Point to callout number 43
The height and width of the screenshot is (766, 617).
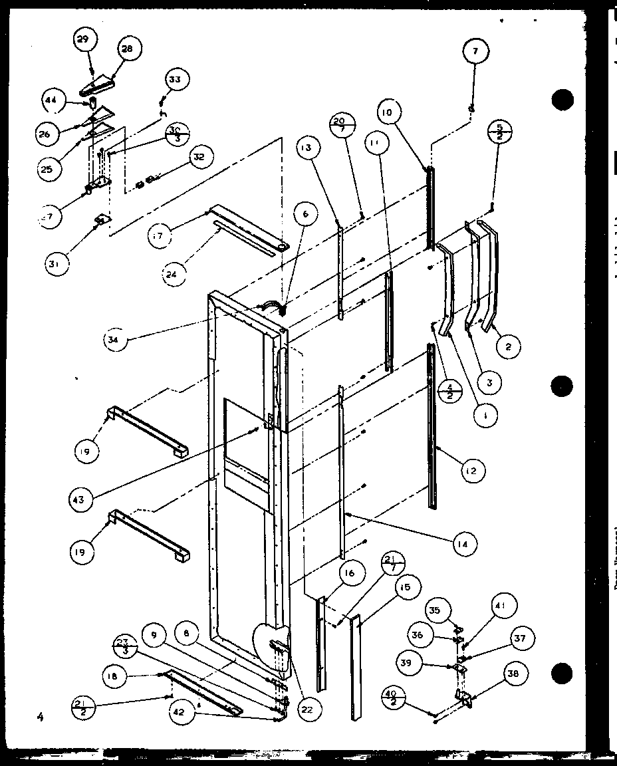pyautogui.click(x=79, y=498)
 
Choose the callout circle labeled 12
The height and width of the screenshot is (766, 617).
pyautogui.click(x=471, y=471)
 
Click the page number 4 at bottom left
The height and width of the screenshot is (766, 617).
pyautogui.click(x=40, y=716)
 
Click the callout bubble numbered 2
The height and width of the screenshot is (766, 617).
pyautogui.click(x=509, y=345)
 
